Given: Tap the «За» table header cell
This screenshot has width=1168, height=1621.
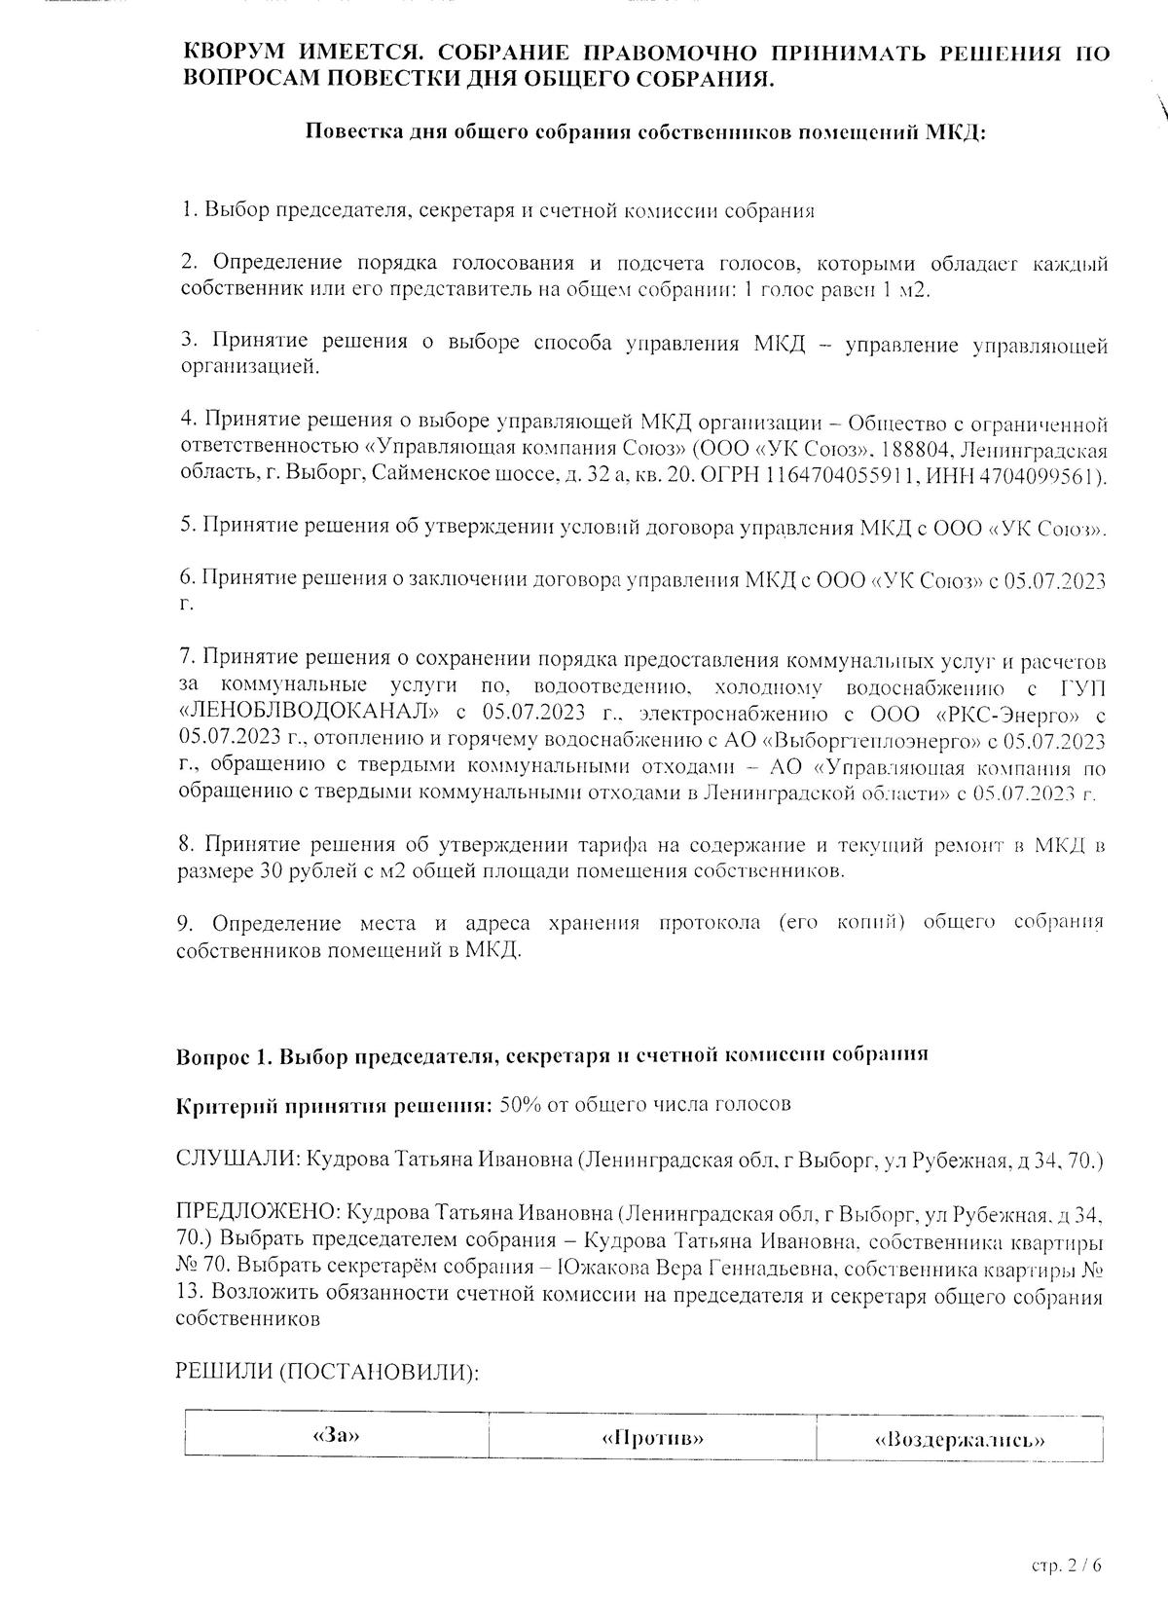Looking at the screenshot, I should (x=336, y=1437).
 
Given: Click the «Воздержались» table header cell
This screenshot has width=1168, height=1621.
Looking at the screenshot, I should (x=960, y=1439).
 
